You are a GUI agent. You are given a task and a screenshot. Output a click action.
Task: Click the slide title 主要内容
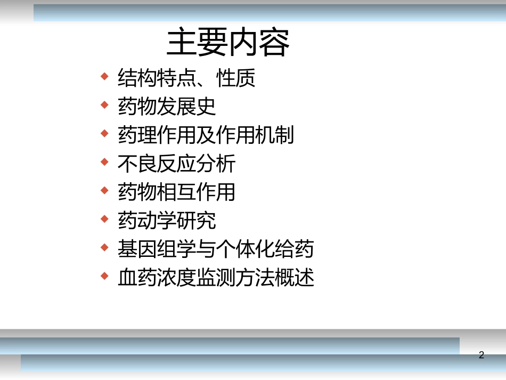[228, 43]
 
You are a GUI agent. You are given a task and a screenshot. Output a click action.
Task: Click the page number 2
[481, 355]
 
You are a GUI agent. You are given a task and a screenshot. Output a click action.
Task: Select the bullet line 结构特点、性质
[186, 78]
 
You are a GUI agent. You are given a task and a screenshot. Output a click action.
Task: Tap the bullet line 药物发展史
[167, 107]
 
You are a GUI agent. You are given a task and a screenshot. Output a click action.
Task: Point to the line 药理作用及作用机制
[206, 135]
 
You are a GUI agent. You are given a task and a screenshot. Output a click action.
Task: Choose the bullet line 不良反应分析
[176, 164]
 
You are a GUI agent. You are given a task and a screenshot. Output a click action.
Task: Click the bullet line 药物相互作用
[176, 192]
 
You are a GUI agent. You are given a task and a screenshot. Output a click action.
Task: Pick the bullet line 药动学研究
[167, 221]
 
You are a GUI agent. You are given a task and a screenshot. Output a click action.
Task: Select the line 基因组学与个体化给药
[216, 249]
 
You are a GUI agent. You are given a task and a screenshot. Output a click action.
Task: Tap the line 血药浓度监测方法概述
[216, 277]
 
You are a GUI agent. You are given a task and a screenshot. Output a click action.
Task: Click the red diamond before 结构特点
[104, 76]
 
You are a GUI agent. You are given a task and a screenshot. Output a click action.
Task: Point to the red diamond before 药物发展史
[104, 104]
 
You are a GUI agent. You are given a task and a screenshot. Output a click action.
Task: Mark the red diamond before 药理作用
[104, 133]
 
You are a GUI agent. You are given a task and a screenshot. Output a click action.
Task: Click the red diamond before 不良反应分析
[104, 161]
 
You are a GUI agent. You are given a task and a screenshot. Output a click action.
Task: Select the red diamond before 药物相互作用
[104, 190]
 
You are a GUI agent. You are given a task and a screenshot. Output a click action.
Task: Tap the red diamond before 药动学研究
[104, 219]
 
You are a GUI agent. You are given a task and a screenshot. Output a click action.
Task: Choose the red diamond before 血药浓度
[104, 276]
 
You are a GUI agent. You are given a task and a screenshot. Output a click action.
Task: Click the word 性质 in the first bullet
[236, 78]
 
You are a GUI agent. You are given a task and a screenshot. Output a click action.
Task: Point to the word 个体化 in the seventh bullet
[255, 249]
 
